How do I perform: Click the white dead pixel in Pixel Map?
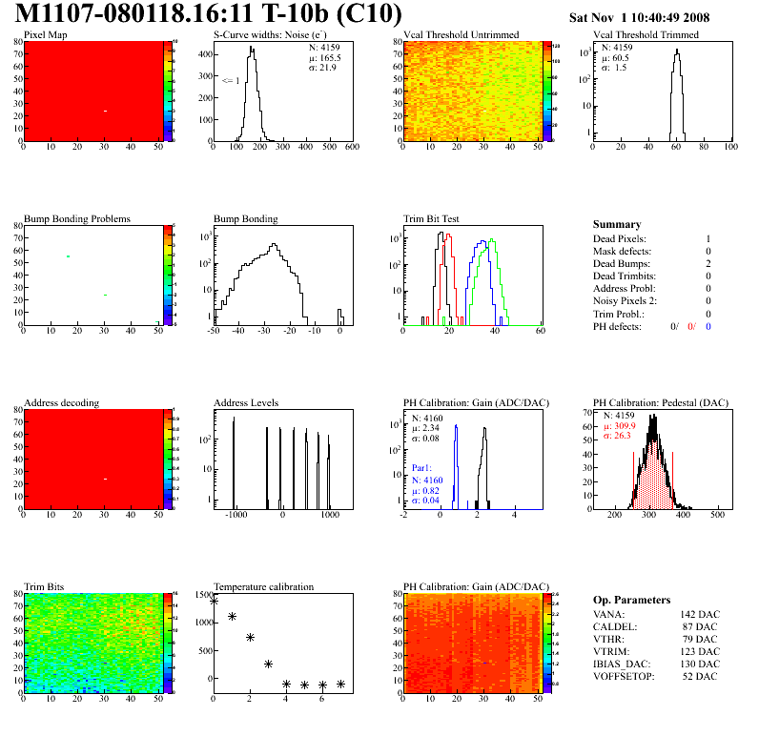(105, 111)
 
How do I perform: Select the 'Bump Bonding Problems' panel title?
(77, 218)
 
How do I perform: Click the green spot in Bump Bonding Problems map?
(68, 256)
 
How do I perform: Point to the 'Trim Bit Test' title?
(432, 218)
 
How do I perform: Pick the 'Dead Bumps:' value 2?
(708, 263)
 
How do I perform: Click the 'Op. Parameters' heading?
(631, 600)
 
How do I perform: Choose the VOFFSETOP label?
(624, 677)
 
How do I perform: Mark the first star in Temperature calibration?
(214, 601)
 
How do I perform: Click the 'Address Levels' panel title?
(247, 403)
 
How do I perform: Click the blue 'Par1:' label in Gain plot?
(421, 468)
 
